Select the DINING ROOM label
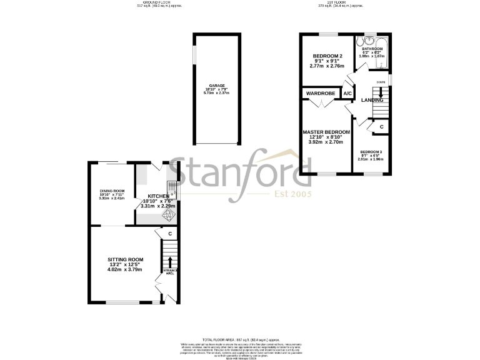click(112, 191)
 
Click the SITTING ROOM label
click(125, 259)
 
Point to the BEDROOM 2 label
click(327, 56)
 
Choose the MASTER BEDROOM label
click(326, 132)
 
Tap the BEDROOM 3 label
click(371, 152)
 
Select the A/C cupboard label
click(348, 94)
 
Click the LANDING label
click(372, 100)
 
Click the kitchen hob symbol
click(167, 214)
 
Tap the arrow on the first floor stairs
click(381, 94)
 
